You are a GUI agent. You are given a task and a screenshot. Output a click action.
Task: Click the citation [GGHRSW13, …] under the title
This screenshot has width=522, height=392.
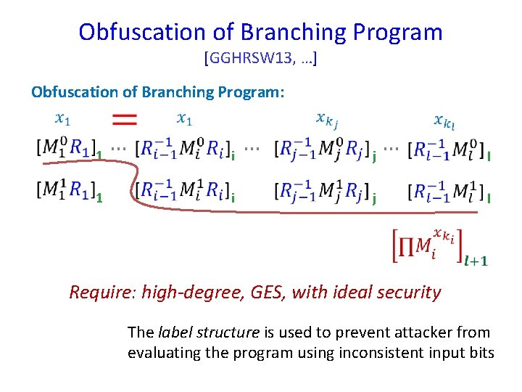[x=261, y=58]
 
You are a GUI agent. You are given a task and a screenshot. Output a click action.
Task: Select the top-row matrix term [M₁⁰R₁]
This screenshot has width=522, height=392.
[x=66, y=149]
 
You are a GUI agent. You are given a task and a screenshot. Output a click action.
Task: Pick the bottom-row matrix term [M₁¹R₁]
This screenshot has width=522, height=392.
[x=66, y=191]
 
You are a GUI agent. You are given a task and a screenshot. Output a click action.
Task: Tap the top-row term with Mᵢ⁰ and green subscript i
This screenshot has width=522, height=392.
[x=184, y=149]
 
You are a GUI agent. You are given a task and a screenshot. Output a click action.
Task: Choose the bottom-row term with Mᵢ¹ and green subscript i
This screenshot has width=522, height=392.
[x=184, y=191]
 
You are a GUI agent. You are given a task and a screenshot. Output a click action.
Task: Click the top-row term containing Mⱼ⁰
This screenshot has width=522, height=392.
[x=323, y=149]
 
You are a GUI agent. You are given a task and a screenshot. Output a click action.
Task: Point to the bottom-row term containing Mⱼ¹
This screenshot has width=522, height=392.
[x=323, y=191]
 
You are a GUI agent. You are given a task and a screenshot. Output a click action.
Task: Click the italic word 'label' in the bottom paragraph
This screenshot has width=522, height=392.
[x=172, y=332]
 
